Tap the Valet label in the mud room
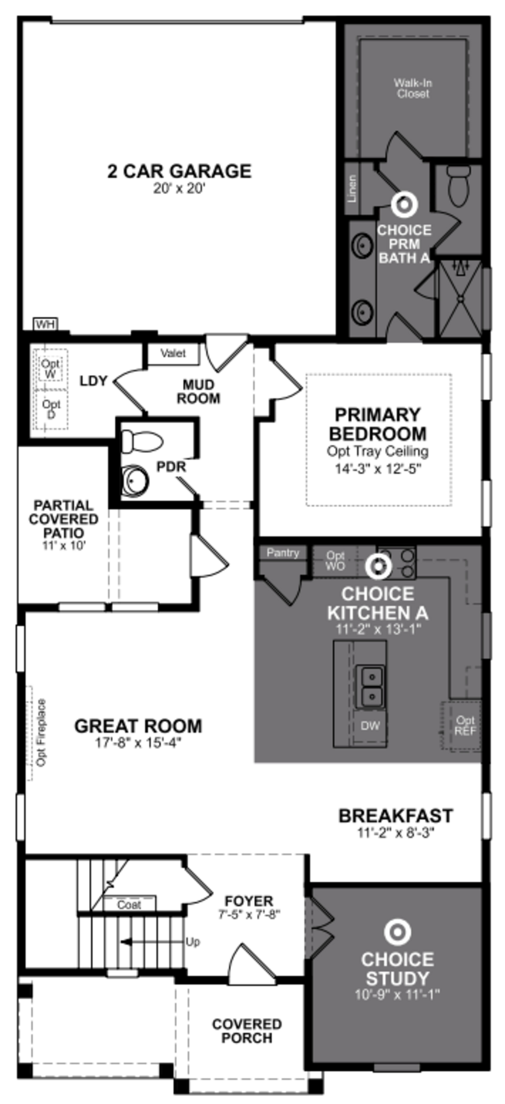173,354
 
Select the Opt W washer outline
50,368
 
